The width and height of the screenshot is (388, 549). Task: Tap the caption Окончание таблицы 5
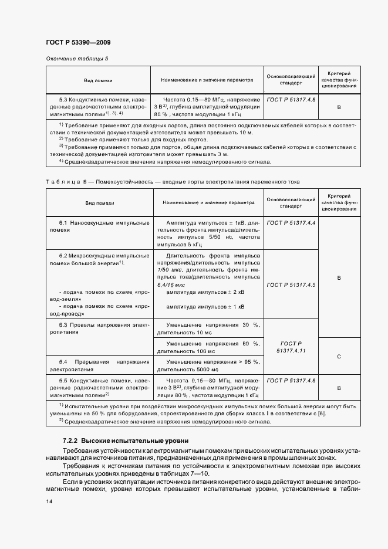tap(77, 59)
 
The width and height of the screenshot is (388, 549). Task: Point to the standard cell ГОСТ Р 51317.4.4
tap(291, 223)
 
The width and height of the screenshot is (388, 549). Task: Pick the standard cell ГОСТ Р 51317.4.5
tap(291, 284)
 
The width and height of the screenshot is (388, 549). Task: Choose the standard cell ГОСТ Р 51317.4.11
tap(291, 346)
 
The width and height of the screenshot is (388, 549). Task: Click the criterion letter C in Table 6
tap(339, 357)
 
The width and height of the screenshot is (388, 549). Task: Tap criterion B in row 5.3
tap(339, 108)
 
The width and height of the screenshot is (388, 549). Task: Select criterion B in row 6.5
tap(339, 388)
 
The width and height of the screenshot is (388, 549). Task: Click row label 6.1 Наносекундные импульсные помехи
tap(96, 227)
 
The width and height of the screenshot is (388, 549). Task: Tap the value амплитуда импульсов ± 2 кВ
tap(205, 292)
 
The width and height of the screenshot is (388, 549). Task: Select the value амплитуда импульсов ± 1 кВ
tap(205, 307)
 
